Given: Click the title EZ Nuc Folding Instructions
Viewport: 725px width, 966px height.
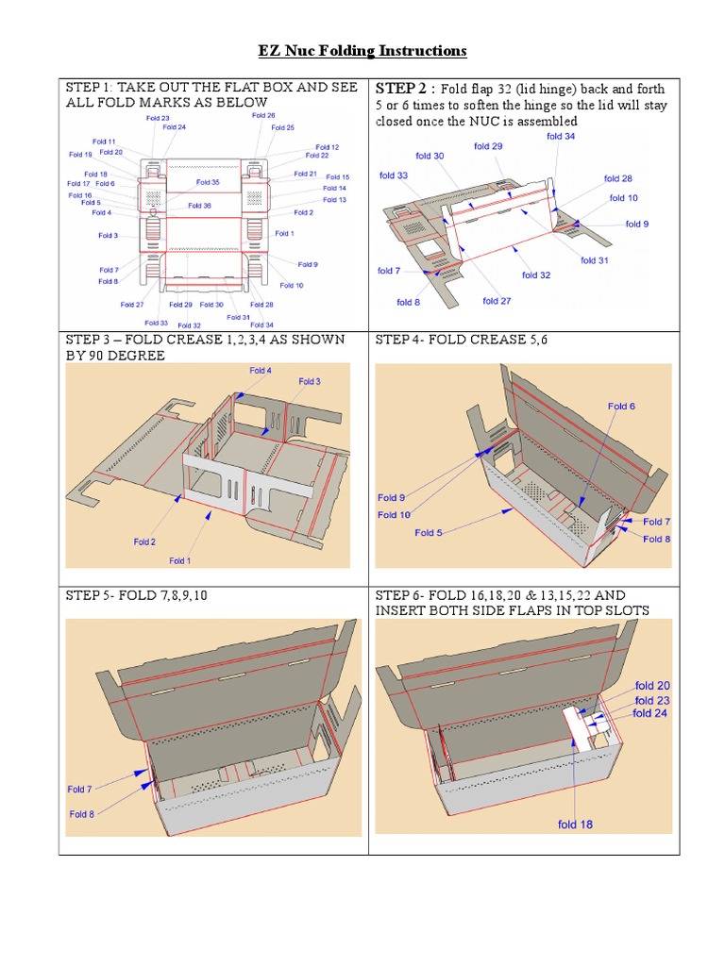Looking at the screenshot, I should click(362, 50).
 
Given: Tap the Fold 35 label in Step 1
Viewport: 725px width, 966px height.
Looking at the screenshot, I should click(208, 182).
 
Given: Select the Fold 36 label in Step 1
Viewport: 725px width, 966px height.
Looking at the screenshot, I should click(199, 206).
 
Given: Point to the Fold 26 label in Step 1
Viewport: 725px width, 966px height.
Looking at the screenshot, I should click(263, 115).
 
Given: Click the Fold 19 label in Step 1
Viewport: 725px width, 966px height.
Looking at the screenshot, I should click(80, 155).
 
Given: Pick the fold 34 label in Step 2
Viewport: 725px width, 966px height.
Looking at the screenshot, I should click(561, 137).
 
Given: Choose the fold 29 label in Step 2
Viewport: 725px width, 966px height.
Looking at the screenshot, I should click(488, 146).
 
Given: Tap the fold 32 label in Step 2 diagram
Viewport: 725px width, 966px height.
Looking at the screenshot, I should click(536, 275).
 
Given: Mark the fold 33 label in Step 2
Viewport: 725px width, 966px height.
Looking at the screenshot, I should click(394, 175).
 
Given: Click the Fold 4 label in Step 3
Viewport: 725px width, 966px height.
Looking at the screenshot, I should click(261, 371).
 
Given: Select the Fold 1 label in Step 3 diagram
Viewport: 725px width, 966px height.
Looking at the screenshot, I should click(178, 561).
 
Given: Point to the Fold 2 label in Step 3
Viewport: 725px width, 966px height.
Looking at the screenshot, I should click(144, 542).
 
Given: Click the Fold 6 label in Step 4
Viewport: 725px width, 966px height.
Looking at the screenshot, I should click(621, 407).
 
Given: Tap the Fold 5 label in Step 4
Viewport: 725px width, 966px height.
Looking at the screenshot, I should click(429, 533).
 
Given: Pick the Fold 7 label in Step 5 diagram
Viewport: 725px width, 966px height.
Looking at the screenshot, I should click(79, 790).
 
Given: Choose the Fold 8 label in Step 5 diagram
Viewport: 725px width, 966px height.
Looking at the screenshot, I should click(81, 814).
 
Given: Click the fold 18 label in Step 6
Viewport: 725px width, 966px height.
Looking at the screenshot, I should click(575, 824).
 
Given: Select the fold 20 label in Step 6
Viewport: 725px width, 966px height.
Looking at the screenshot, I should click(652, 687).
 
